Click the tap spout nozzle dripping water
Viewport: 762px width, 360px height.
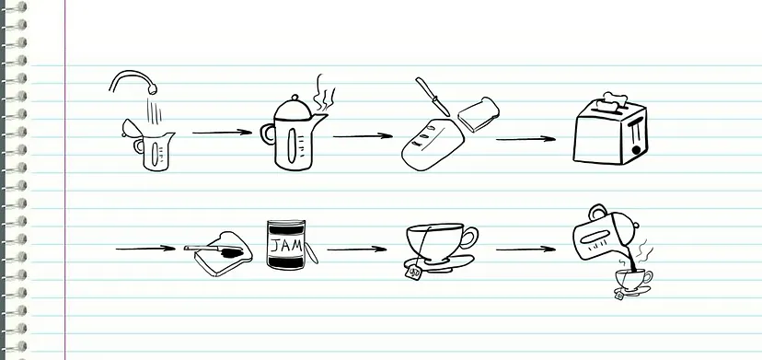153,89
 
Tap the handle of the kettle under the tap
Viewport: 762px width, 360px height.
138,145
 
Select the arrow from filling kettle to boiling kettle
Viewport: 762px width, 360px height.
222,133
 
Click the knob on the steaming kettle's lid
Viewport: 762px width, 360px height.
294,98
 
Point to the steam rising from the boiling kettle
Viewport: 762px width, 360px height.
323,93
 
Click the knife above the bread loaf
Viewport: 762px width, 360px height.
433,97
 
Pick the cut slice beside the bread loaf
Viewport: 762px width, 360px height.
479,114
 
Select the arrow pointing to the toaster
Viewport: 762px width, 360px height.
525,139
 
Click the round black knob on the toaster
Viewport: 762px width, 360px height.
636,150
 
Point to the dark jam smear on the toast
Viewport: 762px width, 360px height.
231,252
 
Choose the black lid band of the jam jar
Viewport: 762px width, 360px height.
286,227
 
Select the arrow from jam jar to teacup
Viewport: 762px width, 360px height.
357,250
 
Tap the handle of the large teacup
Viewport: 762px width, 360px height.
469,238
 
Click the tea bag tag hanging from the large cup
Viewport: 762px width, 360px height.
414,273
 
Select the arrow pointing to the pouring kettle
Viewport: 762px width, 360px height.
525,250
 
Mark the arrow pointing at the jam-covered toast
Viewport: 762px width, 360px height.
145,249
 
